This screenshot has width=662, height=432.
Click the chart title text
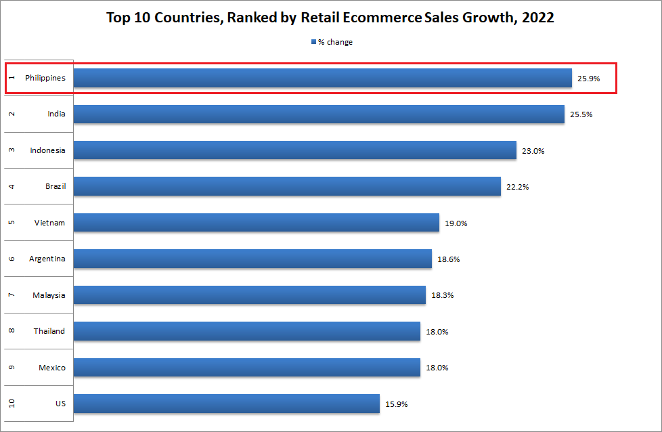[330, 18]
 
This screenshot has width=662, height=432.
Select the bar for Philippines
[322, 78]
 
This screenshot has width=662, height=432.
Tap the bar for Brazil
[287, 186]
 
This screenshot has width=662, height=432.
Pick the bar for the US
[226, 404]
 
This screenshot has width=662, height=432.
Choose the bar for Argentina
[252, 259]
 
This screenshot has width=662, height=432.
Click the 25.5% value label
[581, 114]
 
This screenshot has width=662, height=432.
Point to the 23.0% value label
[533, 151]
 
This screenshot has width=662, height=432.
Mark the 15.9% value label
[396, 404]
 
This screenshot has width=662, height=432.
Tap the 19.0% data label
[456, 223]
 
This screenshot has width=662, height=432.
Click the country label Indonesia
[47, 150]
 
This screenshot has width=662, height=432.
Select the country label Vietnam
[49, 223]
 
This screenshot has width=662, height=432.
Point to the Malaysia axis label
[49, 295]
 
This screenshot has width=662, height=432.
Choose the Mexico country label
[52, 368]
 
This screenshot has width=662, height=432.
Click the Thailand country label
[49, 331]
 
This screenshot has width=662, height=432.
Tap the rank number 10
[12, 404]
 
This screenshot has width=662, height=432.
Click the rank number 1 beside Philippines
[12, 78]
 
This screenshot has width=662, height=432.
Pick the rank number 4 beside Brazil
[12, 186]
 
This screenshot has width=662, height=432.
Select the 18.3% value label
[441, 295]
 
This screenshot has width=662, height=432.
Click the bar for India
[319, 114]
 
